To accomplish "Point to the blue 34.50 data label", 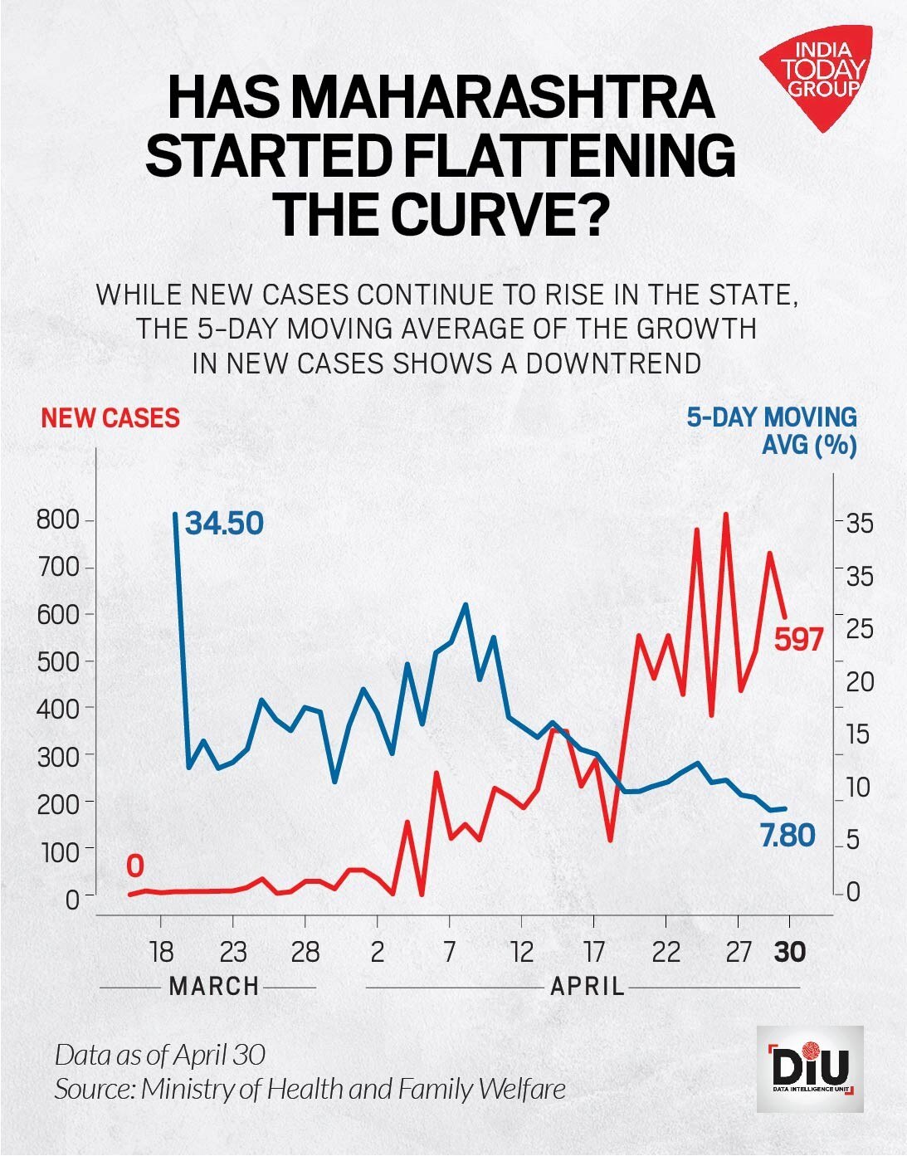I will click(224, 524).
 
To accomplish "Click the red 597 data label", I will click(798, 639).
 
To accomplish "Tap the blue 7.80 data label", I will click(788, 836).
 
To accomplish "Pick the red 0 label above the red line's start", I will click(135, 866).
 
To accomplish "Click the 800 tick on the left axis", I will click(57, 521).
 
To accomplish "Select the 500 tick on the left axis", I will click(57, 661).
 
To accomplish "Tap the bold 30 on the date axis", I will click(789, 952).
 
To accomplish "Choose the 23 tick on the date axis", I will click(233, 952).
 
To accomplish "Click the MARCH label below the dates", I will click(214, 987).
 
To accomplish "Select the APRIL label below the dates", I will click(588, 987).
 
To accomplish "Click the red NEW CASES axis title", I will click(110, 417).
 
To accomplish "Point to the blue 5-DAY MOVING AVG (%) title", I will click(772, 431).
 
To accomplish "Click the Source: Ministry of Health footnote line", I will click(310, 1089).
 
